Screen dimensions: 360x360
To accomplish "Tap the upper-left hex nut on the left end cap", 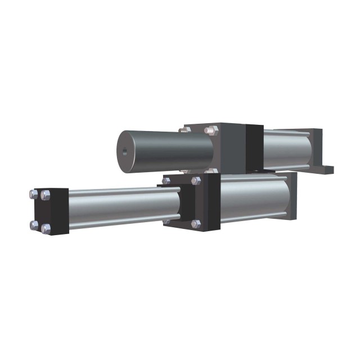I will pos(34,194).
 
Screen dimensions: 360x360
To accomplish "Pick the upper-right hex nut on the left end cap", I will pos(46,196).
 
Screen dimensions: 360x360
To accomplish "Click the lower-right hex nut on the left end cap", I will pos(46,228).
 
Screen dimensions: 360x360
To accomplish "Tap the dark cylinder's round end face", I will pos(128,150).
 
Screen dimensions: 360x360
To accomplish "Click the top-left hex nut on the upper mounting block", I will pos(185,129).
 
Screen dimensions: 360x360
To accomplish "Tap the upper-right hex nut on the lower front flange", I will pos(196,181).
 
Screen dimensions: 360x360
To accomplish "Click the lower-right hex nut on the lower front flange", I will pos(195,224).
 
